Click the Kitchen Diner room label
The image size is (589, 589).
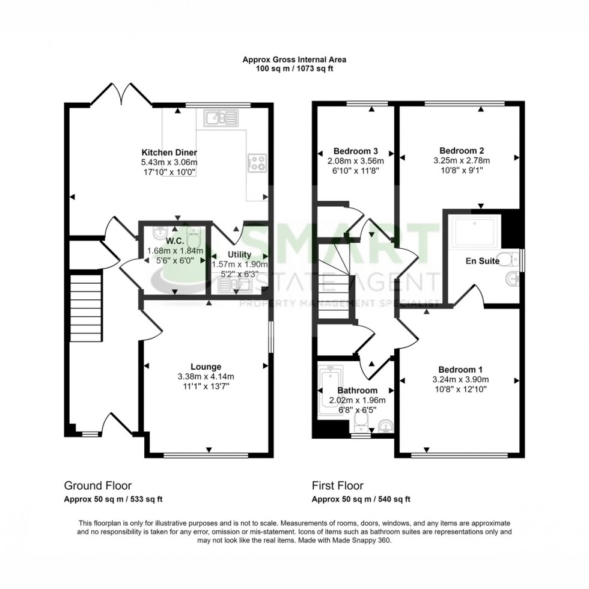(x=169, y=152)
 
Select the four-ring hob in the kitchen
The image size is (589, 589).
(x=258, y=161)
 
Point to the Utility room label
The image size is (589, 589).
(x=239, y=255)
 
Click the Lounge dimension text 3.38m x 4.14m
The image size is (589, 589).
(x=206, y=377)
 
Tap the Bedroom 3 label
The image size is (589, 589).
(x=356, y=151)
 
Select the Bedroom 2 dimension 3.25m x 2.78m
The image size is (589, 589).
(x=461, y=160)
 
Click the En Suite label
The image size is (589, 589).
(x=483, y=261)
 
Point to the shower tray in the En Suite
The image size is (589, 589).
(x=475, y=232)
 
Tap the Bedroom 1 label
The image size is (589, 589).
(x=460, y=370)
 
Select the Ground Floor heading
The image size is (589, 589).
(x=97, y=486)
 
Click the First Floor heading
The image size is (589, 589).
(x=337, y=486)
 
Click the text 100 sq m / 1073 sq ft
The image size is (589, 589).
(x=294, y=69)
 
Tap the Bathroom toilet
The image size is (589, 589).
(x=362, y=420)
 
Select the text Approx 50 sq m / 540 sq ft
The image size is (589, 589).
(x=361, y=499)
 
